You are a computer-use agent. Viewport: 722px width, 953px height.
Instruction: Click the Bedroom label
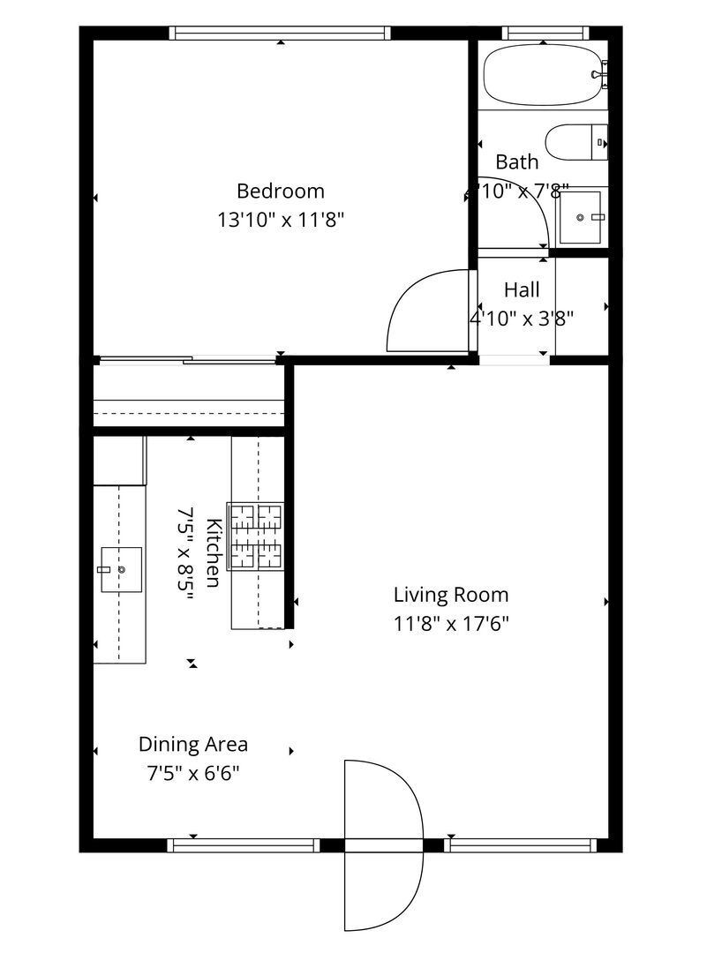pos(280,191)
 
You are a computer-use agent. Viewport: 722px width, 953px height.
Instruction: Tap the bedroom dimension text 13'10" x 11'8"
pos(280,220)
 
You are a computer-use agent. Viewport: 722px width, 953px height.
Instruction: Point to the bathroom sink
pos(580,217)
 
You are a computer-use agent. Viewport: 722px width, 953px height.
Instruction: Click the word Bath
pos(516,162)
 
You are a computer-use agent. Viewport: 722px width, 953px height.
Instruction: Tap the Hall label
pos(521,289)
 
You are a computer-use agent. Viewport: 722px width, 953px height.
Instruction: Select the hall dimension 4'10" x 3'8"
pos(521,319)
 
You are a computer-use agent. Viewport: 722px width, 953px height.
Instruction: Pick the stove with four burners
pos(256,536)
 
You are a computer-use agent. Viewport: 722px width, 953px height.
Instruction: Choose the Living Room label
pos(450,595)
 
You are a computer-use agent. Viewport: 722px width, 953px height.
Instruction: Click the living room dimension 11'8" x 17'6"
pos(450,624)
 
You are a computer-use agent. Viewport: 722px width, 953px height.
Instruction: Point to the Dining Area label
pos(192,744)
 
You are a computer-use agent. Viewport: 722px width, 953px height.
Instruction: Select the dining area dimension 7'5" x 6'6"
pos(192,774)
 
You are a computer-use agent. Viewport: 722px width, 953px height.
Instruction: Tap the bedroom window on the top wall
pos(280,33)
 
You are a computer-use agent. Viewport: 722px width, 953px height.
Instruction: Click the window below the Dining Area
pos(244,845)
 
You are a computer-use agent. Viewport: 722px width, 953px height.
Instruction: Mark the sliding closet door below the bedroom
pos(187,360)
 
